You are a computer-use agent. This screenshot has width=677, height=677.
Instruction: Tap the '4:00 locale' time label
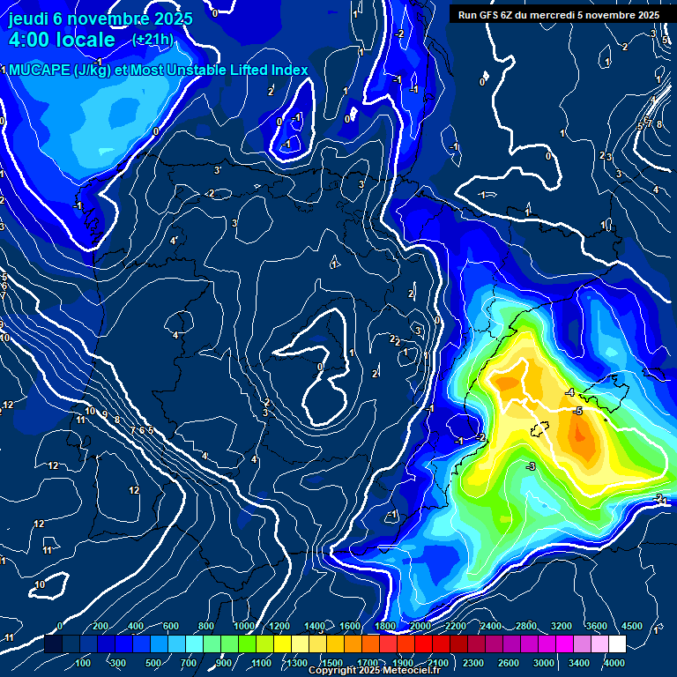pyautogui.click(x=62, y=40)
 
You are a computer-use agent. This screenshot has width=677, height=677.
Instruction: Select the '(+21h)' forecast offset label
pyautogui.click(x=153, y=39)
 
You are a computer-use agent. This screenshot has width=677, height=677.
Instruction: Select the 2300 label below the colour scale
pyautogui.click(x=472, y=663)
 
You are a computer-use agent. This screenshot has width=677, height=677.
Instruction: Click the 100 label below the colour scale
pyautogui.click(x=84, y=663)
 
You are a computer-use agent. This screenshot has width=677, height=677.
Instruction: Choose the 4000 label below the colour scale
pyautogui.click(x=614, y=663)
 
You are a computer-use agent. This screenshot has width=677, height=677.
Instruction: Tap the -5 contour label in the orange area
pyautogui.click(x=577, y=412)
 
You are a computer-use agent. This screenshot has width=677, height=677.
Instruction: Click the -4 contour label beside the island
pyautogui.click(x=569, y=392)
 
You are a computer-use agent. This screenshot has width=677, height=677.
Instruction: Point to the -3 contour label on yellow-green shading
pyautogui.click(x=531, y=466)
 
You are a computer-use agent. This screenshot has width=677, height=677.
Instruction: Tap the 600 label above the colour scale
pyautogui.click(x=171, y=627)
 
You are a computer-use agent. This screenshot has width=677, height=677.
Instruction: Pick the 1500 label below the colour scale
pyautogui.click(x=332, y=663)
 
